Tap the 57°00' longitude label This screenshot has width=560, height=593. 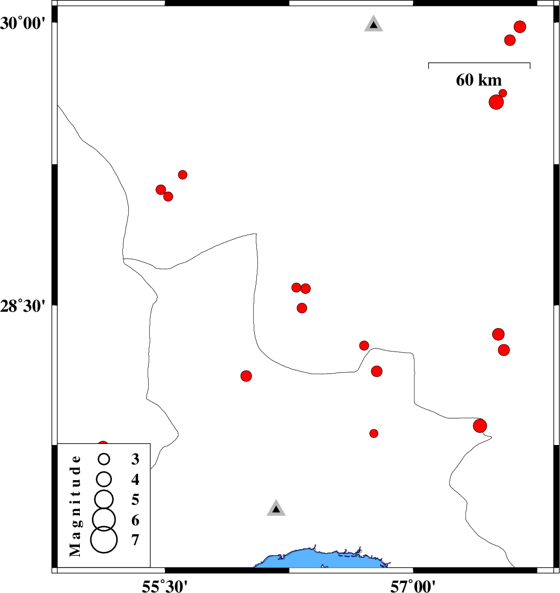coord(413,584)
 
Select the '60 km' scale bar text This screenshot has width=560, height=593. coord(479,80)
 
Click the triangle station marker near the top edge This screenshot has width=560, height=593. coord(374,24)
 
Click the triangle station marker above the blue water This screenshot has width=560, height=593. coord(276,509)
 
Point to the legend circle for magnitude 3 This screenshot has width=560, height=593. coord(104,459)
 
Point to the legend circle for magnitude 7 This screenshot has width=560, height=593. coord(104,541)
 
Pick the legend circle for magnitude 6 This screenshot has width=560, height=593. coord(104,518)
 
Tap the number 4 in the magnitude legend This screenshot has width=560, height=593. coord(136,479)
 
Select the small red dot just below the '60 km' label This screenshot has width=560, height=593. coord(503,93)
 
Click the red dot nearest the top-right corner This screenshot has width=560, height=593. coord(520,27)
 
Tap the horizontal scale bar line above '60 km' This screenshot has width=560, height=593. coord(479,63)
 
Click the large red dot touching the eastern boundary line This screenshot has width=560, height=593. coord(480,426)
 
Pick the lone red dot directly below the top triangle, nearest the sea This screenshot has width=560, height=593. coord(374,433)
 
